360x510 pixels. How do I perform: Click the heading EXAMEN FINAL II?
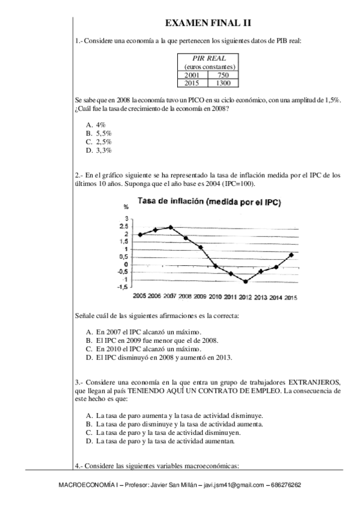tap(208, 23)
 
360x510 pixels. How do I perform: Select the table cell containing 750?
tap(223, 75)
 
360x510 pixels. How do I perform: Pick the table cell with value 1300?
tap(223, 83)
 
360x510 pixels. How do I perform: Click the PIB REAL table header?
tap(208, 58)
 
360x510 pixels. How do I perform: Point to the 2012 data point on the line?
tap(246, 281)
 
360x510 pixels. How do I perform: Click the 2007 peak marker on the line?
tap(171, 227)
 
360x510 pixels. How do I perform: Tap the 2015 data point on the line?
tap(291, 254)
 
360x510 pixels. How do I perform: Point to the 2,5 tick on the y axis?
tap(123, 227)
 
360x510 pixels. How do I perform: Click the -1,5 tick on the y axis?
tap(122, 287)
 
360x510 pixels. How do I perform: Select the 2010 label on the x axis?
tap(215, 297)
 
